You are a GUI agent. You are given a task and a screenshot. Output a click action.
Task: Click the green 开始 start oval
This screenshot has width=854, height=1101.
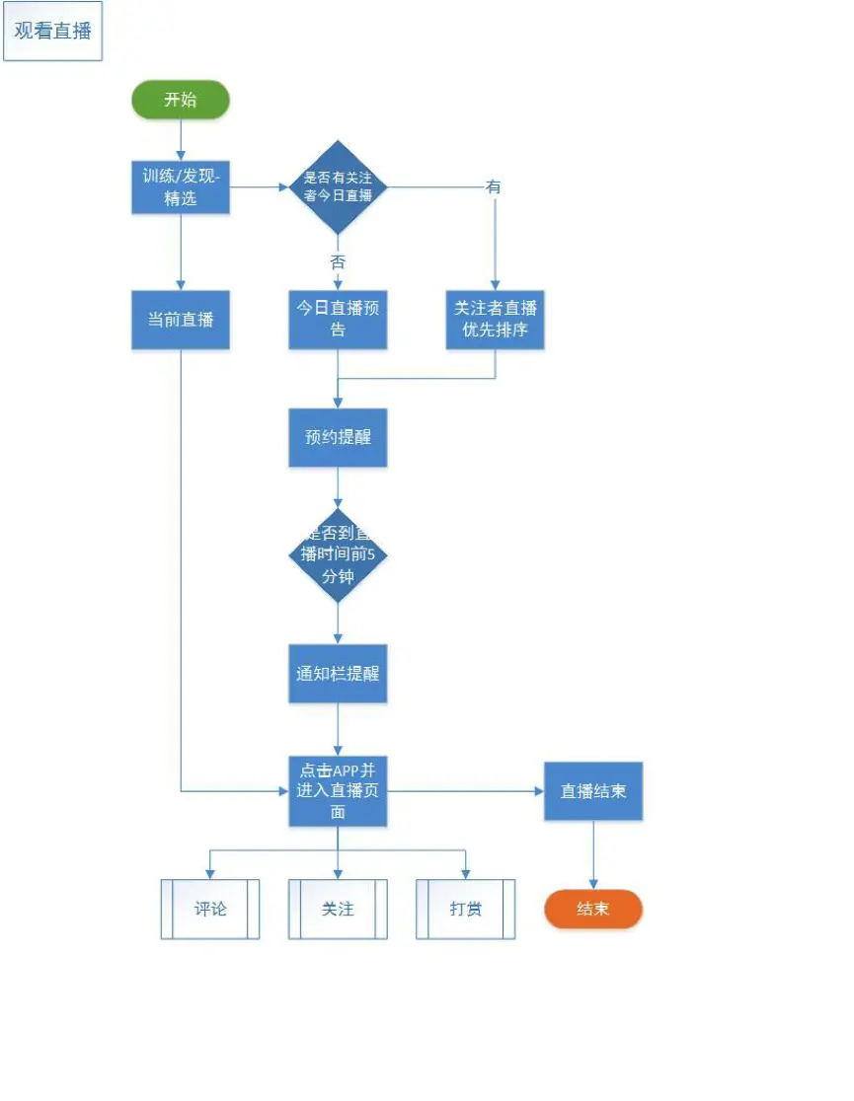(181, 100)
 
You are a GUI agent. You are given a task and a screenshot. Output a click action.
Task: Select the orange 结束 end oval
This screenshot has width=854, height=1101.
(593, 909)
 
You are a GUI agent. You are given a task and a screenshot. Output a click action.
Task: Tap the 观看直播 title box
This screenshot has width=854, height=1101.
(52, 31)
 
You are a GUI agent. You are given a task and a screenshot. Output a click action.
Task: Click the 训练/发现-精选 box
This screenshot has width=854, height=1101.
(181, 186)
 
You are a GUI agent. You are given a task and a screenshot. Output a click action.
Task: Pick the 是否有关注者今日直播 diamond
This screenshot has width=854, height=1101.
(338, 186)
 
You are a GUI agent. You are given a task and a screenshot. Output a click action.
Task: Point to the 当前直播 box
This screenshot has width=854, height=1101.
(181, 320)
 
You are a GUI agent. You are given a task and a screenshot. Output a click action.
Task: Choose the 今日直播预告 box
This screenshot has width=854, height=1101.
(338, 319)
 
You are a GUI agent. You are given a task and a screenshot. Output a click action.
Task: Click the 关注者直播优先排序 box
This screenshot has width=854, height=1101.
(496, 319)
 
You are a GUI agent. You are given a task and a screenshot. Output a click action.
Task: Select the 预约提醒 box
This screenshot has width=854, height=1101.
(338, 437)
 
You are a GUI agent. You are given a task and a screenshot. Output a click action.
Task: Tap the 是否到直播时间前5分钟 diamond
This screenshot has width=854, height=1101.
(338, 555)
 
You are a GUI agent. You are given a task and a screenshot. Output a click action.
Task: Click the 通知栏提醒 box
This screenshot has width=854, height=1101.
(338, 674)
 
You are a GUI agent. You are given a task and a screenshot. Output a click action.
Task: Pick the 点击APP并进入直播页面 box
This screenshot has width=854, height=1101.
(338, 791)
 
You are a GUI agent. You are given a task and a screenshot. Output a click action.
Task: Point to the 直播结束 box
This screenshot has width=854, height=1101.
(593, 791)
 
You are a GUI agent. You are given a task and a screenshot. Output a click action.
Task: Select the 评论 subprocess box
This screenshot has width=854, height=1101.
(210, 909)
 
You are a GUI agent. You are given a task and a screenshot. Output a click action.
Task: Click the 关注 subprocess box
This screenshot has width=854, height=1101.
(338, 909)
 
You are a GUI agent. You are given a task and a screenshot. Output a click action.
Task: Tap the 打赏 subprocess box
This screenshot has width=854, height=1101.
(466, 909)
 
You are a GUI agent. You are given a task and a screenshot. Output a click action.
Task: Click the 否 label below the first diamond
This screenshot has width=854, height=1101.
(338, 262)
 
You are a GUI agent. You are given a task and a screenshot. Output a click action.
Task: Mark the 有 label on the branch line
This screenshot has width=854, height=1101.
(494, 186)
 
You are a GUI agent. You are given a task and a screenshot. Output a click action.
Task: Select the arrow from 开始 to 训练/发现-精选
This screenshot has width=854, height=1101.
(181, 140)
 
